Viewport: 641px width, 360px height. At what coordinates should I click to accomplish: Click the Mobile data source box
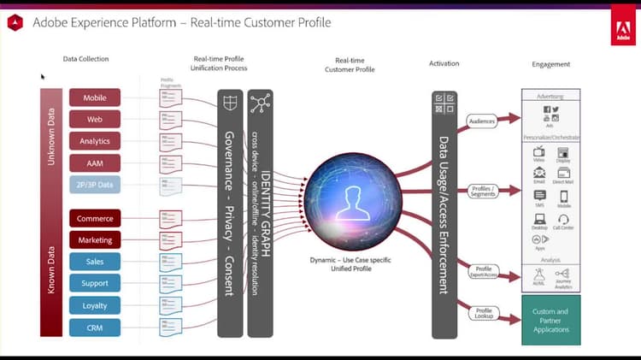click(95, 98)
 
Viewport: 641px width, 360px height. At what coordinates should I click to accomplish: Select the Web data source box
click(95, 120)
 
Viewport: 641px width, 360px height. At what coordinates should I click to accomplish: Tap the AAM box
click(95, 162)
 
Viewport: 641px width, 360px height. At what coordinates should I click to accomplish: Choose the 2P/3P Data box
click(95, 184)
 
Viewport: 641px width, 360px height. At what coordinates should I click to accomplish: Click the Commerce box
click(95, 219)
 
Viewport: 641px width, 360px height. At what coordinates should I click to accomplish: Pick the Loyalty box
click(95, 304)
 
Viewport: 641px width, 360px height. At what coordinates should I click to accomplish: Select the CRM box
click(95, 326)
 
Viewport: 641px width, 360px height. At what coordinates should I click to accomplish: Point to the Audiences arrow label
click(482, 122)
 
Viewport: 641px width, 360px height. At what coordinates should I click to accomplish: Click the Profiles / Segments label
click(483, 191)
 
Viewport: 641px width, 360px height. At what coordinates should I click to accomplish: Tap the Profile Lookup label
click(484, 314)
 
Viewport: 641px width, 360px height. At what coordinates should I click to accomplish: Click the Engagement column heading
click(550, 64)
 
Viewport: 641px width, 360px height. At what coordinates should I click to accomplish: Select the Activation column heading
click(444, 63)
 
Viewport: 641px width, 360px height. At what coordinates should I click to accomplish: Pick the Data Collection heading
click(86, 59)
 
